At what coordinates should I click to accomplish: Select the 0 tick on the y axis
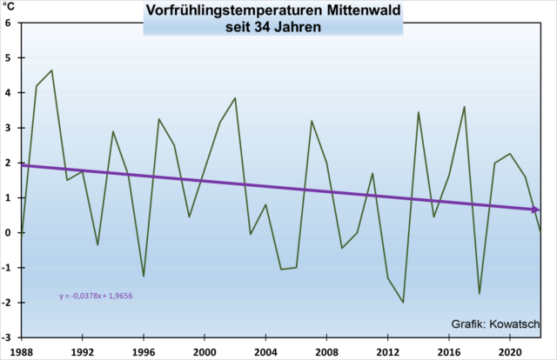[8, 233]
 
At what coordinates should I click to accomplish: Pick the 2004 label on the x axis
[266, 351]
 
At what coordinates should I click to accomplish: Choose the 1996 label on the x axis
[143, 351]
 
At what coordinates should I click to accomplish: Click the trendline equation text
[96, 297]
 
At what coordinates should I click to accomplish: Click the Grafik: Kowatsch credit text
[492, 324]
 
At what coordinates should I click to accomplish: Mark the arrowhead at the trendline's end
[536, 210]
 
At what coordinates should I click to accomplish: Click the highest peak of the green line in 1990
[51, 70]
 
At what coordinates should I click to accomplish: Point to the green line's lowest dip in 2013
[404, 303]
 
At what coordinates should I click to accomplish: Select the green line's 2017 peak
[465, 107]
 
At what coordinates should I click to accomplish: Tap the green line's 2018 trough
[480, 294]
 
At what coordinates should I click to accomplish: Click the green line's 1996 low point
[144, 277]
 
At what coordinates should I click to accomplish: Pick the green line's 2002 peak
[235, 98]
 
